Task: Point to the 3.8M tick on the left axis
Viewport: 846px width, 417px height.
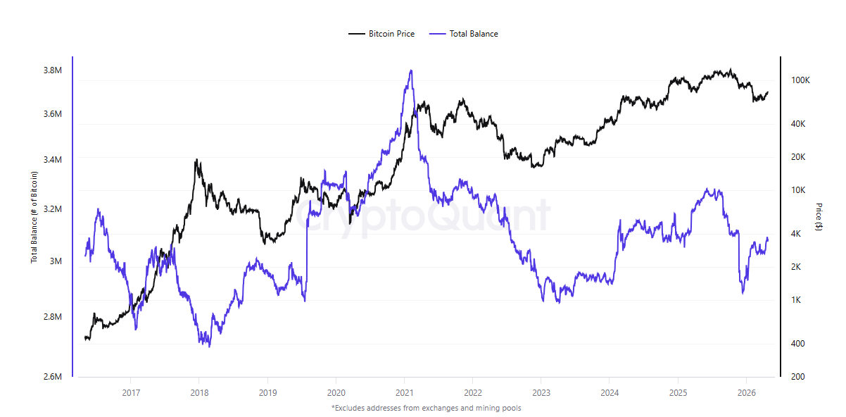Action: coord(52,70)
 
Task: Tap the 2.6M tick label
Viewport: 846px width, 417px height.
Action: coord(52,377)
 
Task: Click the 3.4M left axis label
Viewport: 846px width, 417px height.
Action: coord(52,160)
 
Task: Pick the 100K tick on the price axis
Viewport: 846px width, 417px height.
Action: coord(801,80)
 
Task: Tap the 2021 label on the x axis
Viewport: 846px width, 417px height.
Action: coord(405,392)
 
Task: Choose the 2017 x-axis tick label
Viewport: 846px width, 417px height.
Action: coord(130,392)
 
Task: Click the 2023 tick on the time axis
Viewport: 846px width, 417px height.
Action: coord(541,392)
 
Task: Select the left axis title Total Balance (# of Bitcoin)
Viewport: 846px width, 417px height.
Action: coord(34,217)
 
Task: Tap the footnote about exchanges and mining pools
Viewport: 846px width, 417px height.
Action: coord(426,407)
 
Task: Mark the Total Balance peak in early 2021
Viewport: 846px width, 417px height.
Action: coord(410,70)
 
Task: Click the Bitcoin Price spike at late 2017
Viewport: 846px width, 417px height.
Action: coord(197,161)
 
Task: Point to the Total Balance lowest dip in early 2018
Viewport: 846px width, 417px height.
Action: coord(209,346)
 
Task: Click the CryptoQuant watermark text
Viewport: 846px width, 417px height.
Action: coord(422,215)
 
